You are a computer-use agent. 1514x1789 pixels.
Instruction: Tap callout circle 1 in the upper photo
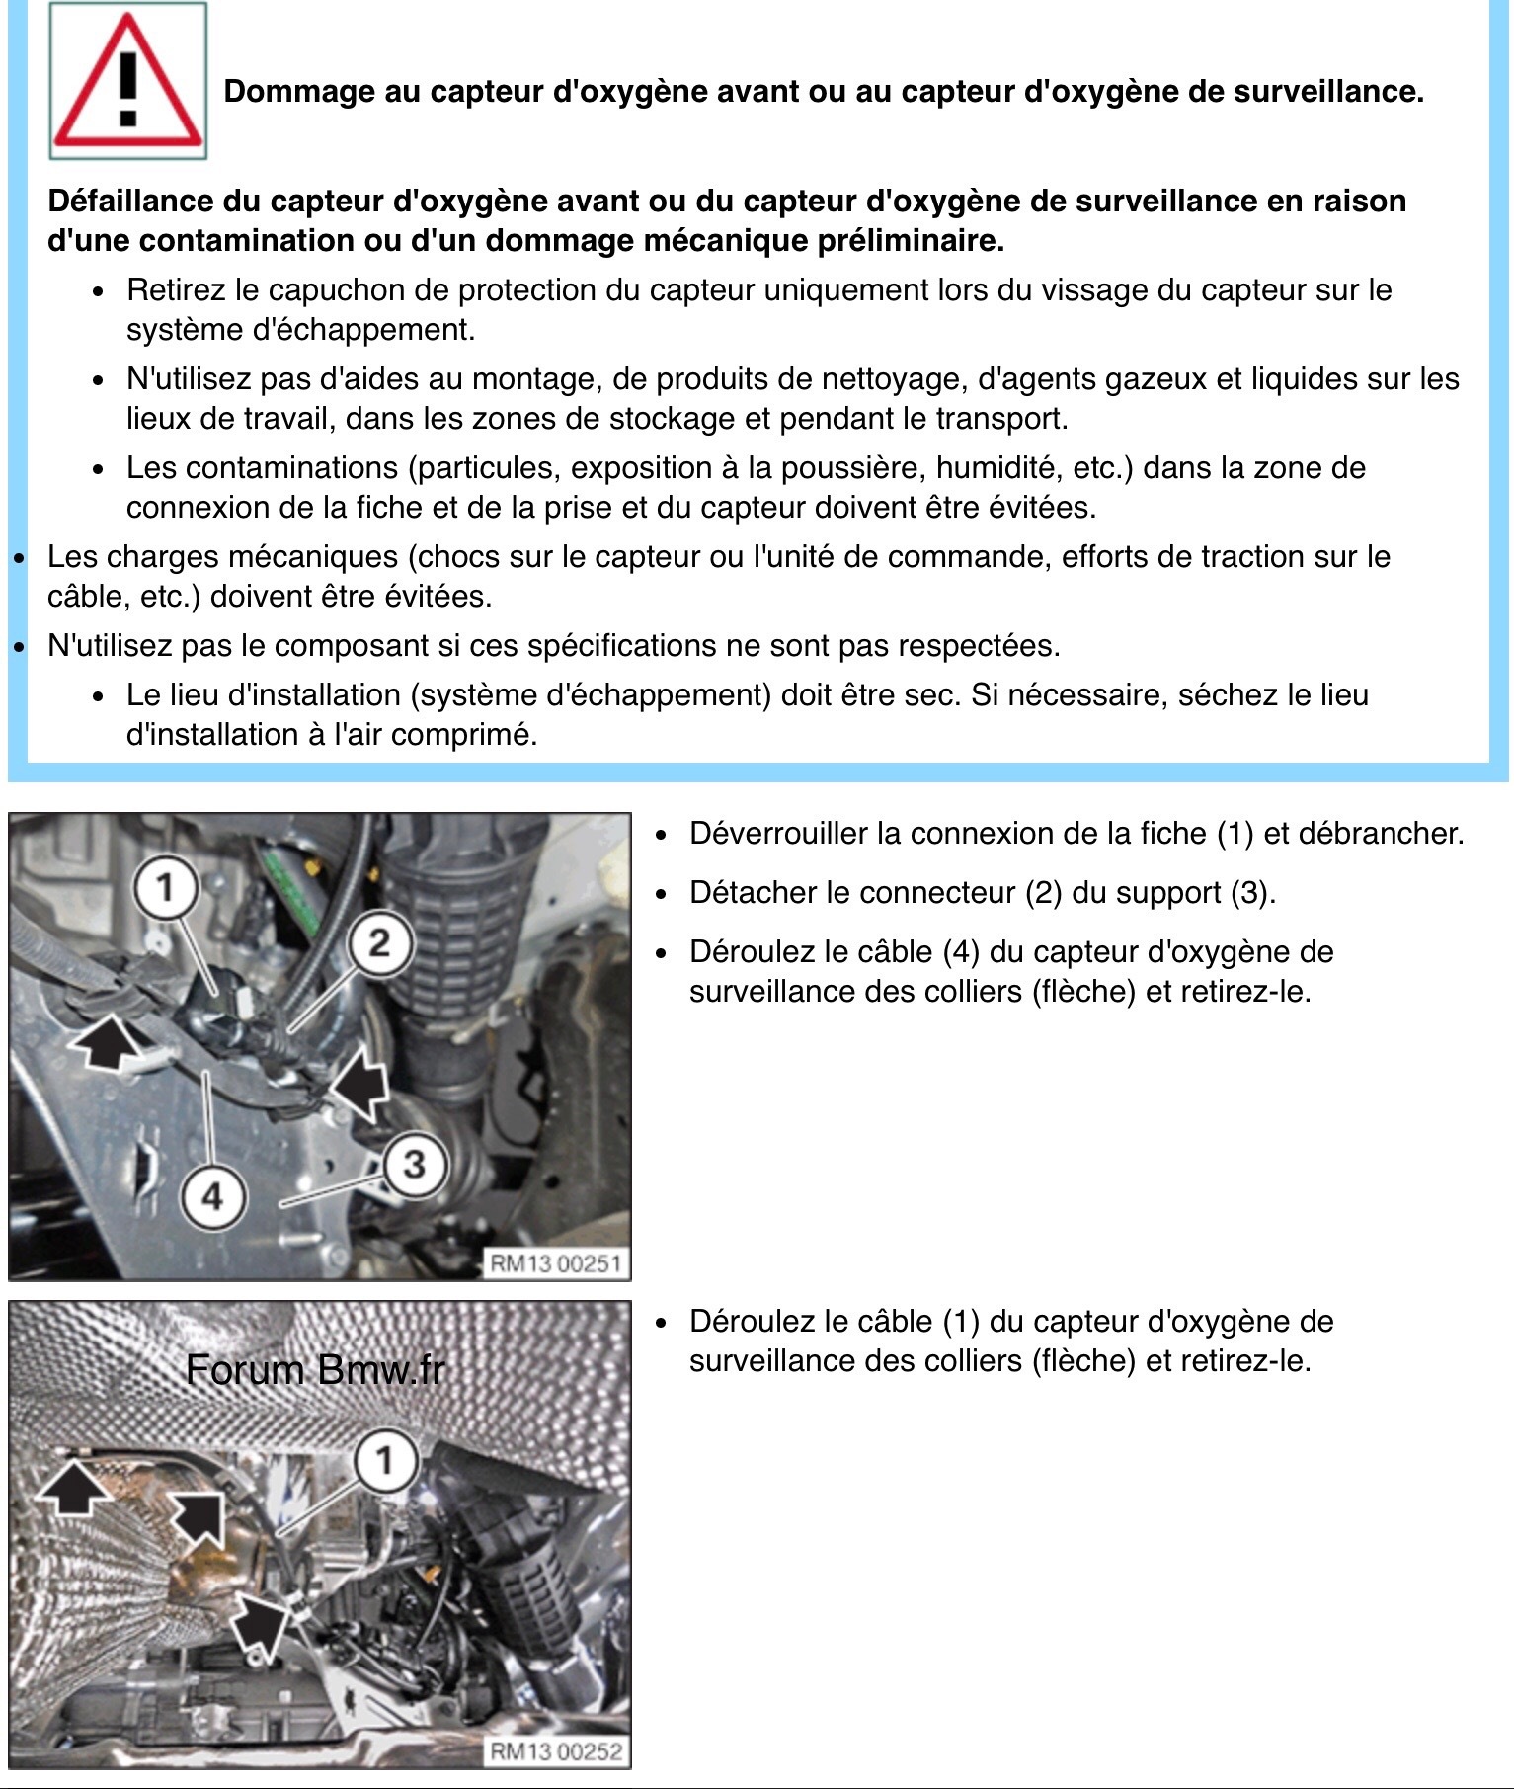[165, 886]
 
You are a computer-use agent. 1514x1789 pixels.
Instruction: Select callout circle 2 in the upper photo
[380, 942]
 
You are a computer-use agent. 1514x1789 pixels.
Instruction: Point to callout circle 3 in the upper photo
[414, 1164]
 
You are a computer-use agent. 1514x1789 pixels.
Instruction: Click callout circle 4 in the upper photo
[212, 1197]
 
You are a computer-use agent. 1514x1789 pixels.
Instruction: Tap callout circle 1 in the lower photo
[384, 1459]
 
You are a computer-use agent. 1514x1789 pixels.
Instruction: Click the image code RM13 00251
[555, 1263]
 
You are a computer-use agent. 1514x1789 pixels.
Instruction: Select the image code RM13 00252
[555, 1751]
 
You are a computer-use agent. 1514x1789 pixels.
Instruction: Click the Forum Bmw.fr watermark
[315, 1370]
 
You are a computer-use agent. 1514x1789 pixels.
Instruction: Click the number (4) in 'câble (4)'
[960, 952]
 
